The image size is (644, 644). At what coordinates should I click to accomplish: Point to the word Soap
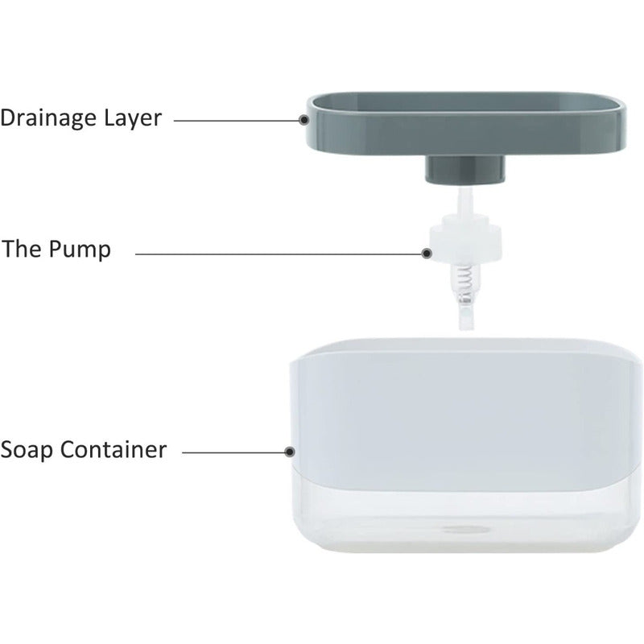28,448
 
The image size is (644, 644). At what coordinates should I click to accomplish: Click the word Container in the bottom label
117,448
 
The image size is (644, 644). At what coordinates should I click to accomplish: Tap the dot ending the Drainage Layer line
304,120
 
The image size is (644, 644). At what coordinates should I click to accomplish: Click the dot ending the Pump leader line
426,253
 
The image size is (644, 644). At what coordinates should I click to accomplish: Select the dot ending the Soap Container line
291,452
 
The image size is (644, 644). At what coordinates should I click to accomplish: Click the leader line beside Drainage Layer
237,120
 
